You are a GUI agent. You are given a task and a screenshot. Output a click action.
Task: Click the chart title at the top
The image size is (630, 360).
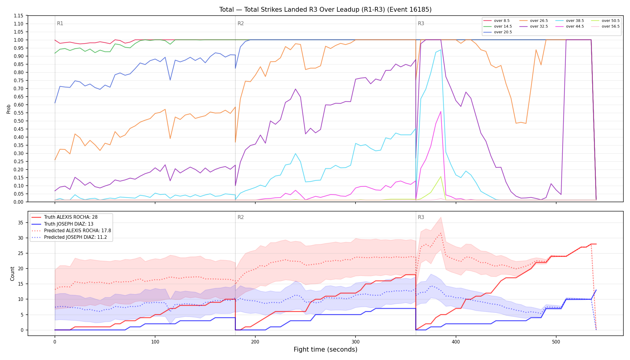[325, 10]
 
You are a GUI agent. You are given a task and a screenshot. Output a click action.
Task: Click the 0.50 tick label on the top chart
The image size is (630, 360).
[19, 121]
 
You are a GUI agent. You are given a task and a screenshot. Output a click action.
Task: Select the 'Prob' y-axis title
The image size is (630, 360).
[9, 109]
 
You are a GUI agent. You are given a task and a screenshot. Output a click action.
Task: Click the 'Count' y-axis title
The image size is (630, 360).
[12, 274]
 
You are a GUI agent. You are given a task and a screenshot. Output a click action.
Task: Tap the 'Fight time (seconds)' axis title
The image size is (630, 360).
[325, 349]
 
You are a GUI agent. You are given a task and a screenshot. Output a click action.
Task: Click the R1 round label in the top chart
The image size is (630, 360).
[60, 23]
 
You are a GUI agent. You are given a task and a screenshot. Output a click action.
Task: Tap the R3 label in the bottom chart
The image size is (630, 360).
[421, 217]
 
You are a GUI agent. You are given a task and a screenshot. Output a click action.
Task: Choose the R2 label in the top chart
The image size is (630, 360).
[241, 23]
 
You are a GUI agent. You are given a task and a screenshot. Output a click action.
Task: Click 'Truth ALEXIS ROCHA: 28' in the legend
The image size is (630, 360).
[71, 217]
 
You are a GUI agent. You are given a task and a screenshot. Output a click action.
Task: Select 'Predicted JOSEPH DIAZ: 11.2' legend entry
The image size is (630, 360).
[78, 237]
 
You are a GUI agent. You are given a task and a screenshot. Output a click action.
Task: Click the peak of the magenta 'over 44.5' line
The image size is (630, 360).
[441, 111]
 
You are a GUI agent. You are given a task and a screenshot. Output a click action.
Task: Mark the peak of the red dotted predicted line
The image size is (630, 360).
[441, 233]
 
